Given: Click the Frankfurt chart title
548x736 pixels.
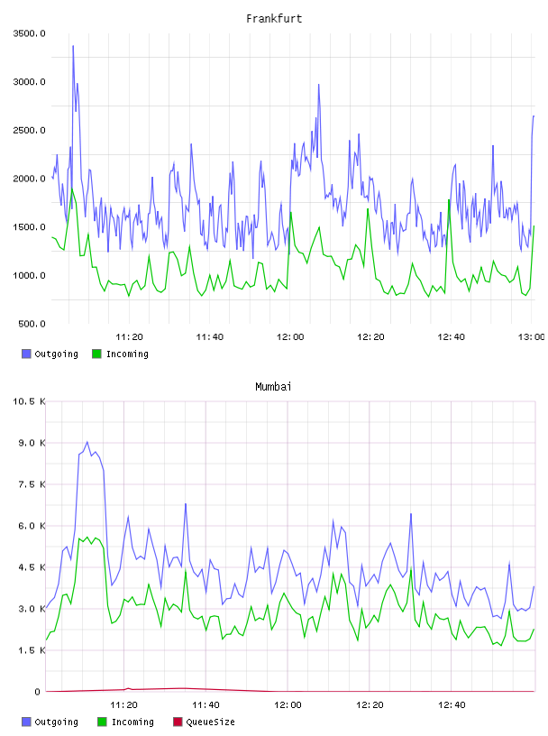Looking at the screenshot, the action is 274,19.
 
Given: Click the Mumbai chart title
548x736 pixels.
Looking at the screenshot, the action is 273,387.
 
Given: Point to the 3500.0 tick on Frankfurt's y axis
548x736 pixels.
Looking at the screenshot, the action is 29,33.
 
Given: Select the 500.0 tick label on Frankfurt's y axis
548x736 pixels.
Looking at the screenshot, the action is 32,324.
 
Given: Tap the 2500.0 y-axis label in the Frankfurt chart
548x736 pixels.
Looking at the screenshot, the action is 29,130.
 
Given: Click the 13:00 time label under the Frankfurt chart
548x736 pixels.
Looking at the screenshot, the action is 531,337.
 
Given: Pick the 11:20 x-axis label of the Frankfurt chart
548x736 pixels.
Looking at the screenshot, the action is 129,337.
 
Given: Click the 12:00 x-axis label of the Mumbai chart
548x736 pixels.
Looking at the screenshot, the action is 288,705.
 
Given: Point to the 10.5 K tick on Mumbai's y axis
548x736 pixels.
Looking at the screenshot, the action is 29,401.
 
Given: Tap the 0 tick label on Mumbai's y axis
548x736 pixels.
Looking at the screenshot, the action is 38,692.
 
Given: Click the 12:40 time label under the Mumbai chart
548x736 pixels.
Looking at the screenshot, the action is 452,705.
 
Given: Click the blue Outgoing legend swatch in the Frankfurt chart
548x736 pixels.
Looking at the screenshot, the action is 26,354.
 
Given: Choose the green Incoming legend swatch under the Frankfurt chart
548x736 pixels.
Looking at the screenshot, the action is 96,354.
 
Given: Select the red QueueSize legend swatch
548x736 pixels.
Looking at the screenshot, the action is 178,722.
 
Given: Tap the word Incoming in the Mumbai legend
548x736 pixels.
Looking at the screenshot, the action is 132,722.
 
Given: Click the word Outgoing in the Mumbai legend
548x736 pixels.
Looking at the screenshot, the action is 56,722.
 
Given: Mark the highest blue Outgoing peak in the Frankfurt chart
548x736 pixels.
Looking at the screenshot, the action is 73,46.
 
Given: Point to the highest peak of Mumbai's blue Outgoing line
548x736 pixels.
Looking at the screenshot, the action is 87,442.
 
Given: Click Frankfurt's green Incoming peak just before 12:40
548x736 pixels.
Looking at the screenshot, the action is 449,200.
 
